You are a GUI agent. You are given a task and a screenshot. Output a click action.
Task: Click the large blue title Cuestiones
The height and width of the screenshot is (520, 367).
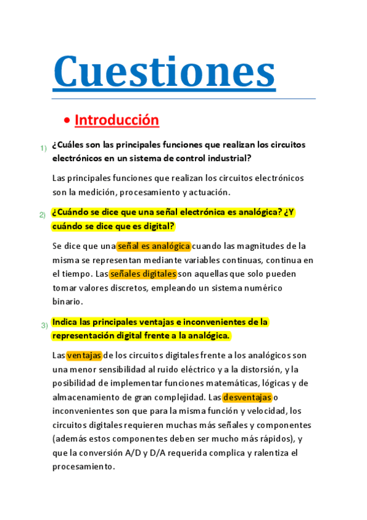pyautogui.click(x=164, y=71)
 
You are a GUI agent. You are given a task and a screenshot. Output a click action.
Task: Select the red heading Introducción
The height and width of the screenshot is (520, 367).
pyautogui.click(x=116, y=120)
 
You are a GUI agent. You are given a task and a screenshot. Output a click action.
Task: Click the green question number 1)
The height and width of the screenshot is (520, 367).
pyautogui.click(x=44, y=148)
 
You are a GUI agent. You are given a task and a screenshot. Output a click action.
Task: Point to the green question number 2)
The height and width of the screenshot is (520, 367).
pyautogui.click(x=43, y=215)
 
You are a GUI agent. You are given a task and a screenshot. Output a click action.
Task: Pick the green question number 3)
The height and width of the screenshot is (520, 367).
pyautogui.click(x=44, y=325)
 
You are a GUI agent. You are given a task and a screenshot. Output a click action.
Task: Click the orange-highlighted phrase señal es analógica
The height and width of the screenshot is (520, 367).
pyautogui.click(x=154, y=246)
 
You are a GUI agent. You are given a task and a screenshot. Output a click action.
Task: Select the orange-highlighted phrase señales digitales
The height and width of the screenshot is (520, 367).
pyautogui.click(x=143, y=274)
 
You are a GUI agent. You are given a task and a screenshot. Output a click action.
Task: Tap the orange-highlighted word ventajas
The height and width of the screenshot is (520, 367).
pyautogui.click(x=84, y=355)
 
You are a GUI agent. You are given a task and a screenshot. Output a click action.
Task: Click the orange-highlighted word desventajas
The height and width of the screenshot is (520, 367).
pyautogui.click(x=247, y=397)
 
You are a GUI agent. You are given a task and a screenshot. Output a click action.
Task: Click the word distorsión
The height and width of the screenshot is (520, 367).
pyautogui.click(x=256, y=369)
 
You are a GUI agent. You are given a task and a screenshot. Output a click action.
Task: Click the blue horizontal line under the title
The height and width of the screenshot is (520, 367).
pyautogui.click(x=183, y=98)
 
